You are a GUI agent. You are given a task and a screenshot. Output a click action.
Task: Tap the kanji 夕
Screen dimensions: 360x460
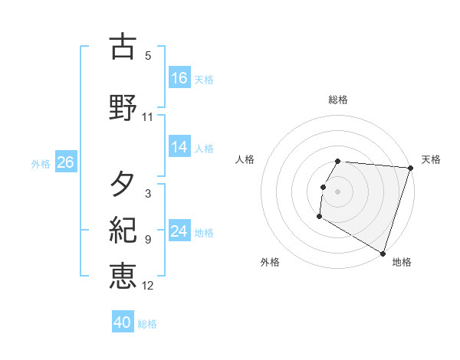click(x=123, y=184)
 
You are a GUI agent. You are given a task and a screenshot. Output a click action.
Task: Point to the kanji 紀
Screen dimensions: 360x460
click(x=123, y=230)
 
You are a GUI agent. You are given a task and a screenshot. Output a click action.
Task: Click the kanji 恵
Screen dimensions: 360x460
click(x=123, y=276)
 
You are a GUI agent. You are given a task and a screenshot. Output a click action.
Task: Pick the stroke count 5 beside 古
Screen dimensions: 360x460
click(x=148, y=56)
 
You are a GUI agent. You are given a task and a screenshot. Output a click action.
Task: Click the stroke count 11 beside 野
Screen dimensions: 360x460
click(x=148, y=117)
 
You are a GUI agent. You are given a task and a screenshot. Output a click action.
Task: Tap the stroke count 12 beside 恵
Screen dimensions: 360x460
click(x=148, y=286)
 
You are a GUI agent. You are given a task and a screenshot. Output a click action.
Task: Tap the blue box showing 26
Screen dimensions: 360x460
click(x=65, y=162)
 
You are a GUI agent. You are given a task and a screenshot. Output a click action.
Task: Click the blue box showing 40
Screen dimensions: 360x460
click(x=123, y=323)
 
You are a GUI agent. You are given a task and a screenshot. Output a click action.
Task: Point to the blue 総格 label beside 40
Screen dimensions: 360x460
click(x=147, y=324)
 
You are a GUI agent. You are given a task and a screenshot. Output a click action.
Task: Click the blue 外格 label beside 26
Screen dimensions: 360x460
click(x=41, y=163)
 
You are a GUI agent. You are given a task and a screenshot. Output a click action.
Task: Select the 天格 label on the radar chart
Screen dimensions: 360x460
click(x=431, y=159)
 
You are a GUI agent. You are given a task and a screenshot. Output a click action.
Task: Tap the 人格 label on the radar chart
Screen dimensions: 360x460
click(x=245, y=159)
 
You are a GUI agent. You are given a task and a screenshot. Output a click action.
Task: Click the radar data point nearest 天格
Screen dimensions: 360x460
click(x=410, y=168)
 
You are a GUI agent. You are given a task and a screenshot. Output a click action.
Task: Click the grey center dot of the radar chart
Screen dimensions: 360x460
click(x=338, y=191)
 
